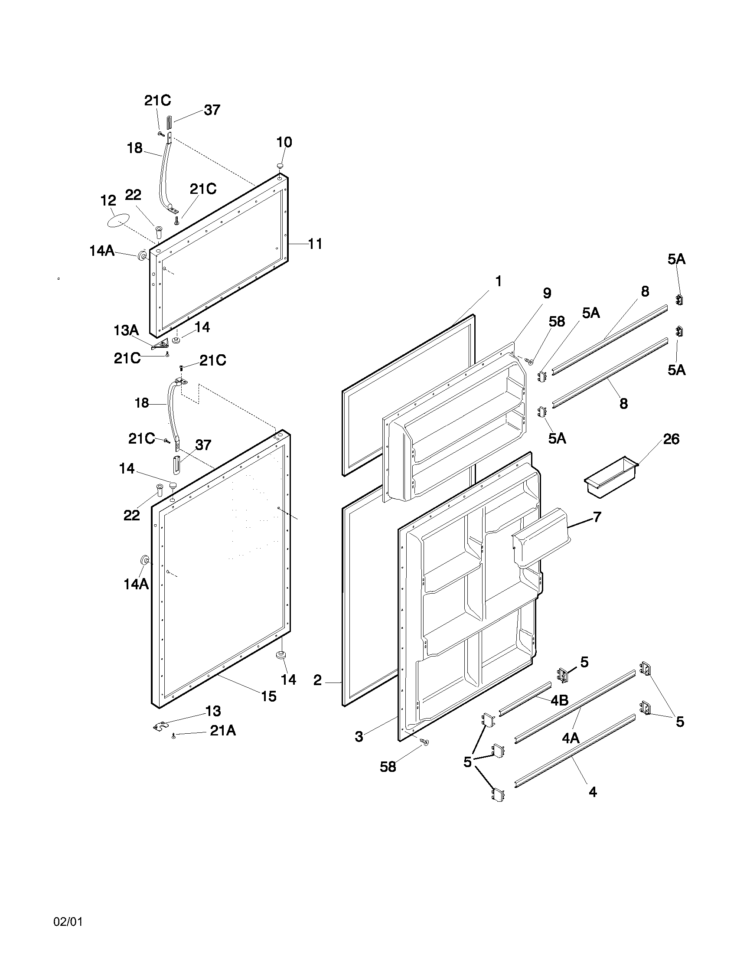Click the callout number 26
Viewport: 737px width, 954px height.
672,439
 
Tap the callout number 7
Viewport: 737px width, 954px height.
597,517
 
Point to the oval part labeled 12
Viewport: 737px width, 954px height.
119,220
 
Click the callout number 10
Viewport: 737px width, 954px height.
284,142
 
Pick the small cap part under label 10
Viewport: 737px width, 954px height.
280,166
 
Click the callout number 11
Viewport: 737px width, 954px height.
315,244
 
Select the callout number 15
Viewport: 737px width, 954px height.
269,696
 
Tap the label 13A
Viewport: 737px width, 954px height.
126,330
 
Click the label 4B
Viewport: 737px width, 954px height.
559,701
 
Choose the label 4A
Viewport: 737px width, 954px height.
570,738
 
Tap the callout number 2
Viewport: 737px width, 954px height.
318,680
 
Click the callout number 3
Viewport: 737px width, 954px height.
359,737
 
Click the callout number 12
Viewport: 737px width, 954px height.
108,201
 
